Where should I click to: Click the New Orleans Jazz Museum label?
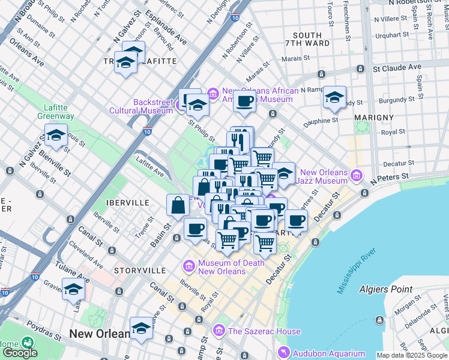point(324,176)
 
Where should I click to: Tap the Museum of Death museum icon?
point(189,265)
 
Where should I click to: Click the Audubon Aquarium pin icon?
point(282,353)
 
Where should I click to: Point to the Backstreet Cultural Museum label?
point(140,106)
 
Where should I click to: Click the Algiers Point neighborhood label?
point(386,289)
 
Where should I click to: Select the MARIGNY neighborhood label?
point(373,117)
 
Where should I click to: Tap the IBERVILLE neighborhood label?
point(127,203)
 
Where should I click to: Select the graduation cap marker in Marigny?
point(334,97)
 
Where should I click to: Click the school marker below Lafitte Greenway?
point(56,136)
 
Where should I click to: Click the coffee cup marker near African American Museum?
point(244,101)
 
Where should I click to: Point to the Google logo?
point(20,352)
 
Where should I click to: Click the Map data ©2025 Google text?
point(412,355)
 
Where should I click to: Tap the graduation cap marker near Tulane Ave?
point(73,289)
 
